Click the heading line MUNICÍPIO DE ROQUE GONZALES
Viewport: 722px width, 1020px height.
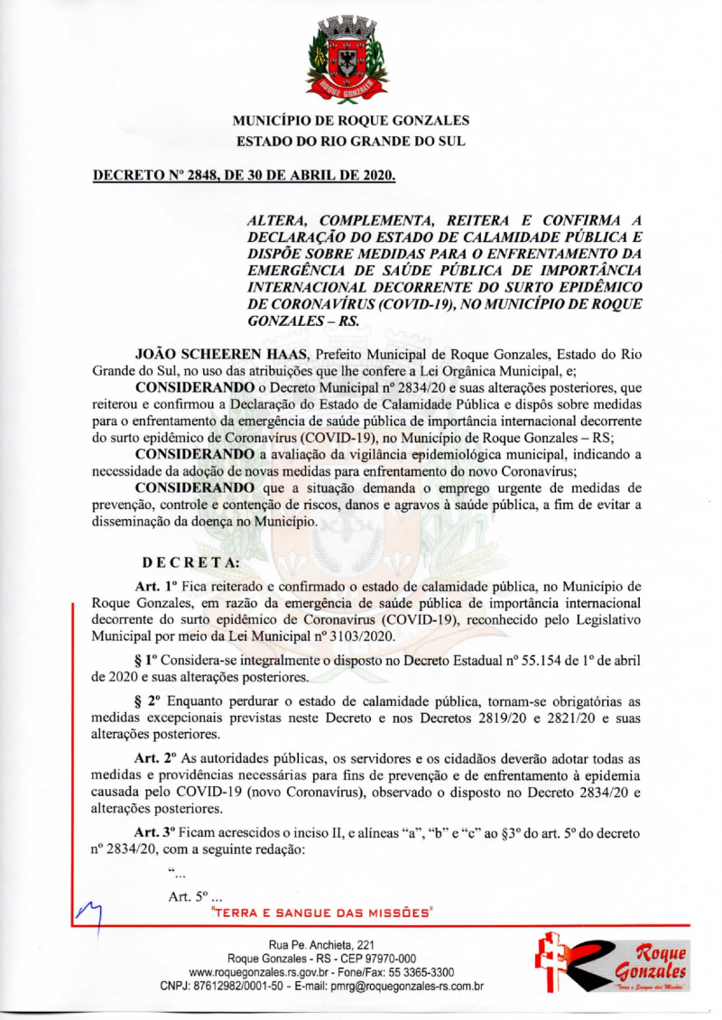[352, 120]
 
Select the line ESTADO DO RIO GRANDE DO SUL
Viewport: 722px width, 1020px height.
[352, 142]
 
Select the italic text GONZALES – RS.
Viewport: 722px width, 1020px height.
[295, 320]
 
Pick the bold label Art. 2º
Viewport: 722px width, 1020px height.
[149, 758]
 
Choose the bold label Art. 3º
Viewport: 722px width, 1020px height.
[149, 831]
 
